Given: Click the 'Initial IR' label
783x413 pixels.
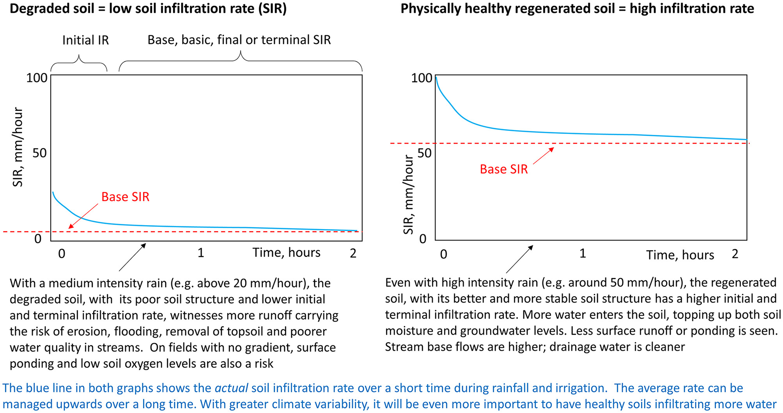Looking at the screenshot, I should tap(85, 40).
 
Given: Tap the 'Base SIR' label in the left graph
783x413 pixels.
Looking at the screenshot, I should tap(125, 197).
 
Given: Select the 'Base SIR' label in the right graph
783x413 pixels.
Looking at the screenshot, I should tap(504, 169).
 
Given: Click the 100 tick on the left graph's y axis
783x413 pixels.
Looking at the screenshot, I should tap(37, 78).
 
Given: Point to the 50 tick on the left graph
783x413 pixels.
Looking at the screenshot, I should tap(39, 153).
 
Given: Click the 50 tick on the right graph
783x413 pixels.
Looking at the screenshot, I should tap(424, 153).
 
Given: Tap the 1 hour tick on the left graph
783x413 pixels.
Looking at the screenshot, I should tap(201, 253).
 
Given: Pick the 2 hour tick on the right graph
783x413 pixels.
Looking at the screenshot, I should tap(735, 254).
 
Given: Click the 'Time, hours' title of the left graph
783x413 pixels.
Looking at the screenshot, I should tap(286, 252).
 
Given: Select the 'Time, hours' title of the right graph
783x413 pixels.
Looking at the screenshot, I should tap(680, 255).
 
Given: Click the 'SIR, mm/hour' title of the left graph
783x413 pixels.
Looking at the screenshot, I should tap(18, 147).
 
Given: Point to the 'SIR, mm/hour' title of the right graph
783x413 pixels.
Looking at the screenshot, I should tap(409, 195).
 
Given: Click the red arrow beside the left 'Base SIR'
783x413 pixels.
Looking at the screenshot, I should tap(84, 216).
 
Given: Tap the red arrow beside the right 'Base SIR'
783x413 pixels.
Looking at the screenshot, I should tap(543, 156).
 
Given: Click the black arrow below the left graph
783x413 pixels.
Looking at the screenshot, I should tap(132, 257).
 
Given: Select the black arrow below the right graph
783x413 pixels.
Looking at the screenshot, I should tap(519, 260).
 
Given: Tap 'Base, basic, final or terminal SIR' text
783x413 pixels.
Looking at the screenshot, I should tap(239, 40).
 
